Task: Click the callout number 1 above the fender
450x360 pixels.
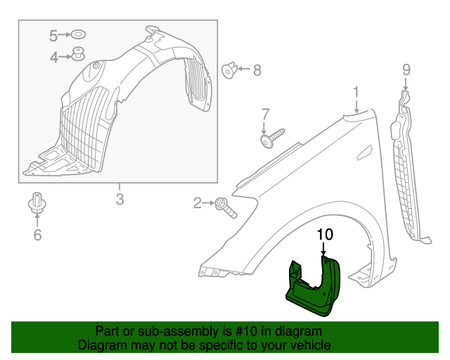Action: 356,91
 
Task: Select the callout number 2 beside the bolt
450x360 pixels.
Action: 198,204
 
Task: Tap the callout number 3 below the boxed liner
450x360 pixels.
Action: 120,200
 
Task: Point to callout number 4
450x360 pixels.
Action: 55,58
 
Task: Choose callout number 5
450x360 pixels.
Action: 55,34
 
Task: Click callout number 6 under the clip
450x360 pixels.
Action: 37,235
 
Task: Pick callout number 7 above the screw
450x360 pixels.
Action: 265,114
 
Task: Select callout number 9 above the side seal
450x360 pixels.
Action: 406,69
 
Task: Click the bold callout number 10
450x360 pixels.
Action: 324,235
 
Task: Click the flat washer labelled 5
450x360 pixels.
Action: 79,34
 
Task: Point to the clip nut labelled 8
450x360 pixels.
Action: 229,70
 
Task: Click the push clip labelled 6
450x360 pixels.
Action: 37,203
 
